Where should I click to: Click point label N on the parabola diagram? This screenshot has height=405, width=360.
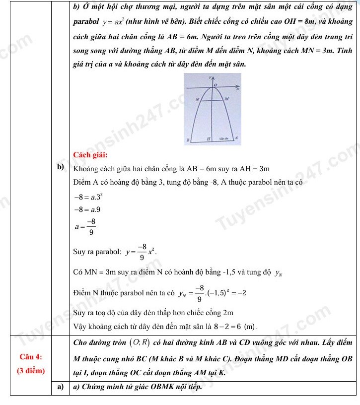tap(197, 100)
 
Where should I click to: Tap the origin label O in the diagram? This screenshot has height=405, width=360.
tap(216, 86)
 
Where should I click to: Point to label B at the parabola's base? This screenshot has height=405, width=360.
tap(187, 140)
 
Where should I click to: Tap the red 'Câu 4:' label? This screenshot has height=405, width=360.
tap(30, 357)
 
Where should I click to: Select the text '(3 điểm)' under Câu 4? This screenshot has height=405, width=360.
tap(30, 370)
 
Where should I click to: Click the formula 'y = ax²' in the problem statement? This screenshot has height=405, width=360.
tap(116, 23)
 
